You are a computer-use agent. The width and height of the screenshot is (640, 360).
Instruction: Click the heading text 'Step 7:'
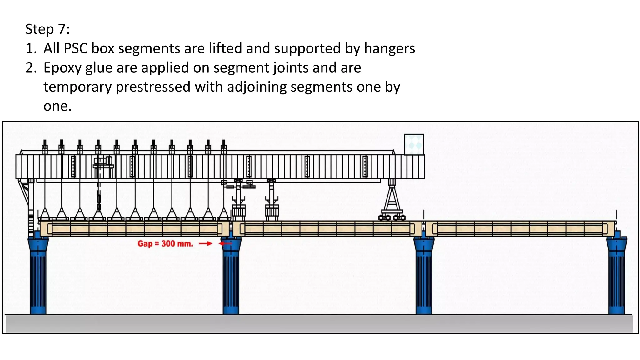coord(47,29)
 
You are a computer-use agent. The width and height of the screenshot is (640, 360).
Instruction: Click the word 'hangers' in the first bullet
coord(389,49)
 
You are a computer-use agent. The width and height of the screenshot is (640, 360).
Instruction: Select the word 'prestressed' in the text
coord(153,87)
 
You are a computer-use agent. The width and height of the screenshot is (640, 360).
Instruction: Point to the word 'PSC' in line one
coord(75,49)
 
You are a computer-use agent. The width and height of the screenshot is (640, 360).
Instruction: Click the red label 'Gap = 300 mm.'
coord(165,243)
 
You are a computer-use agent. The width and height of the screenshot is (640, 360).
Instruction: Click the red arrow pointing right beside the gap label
coord(206,243)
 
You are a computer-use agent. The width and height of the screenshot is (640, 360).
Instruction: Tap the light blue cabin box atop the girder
coord(414,144)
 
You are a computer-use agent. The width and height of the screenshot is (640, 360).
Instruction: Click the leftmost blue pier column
coord(38,275)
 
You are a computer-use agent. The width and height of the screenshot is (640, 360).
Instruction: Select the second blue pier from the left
coord(231,275)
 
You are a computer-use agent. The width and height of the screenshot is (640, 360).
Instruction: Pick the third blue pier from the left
coord(424,275)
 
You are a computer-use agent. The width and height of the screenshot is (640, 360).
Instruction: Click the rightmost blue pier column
coord(616,275)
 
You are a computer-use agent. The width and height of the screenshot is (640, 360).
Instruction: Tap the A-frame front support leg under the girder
coord(392,200)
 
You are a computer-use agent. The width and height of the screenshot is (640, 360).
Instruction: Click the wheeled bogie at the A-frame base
coord(392,217)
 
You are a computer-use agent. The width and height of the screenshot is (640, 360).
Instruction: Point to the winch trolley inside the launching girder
coord(103,164)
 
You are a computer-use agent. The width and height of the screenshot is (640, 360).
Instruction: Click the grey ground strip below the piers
coord(319,323)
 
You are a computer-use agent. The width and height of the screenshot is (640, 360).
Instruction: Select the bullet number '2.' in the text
coord(31,68)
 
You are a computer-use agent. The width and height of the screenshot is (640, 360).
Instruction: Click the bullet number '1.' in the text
coord(31,49)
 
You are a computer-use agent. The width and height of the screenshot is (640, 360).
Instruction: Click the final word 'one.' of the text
coord(57,106)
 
